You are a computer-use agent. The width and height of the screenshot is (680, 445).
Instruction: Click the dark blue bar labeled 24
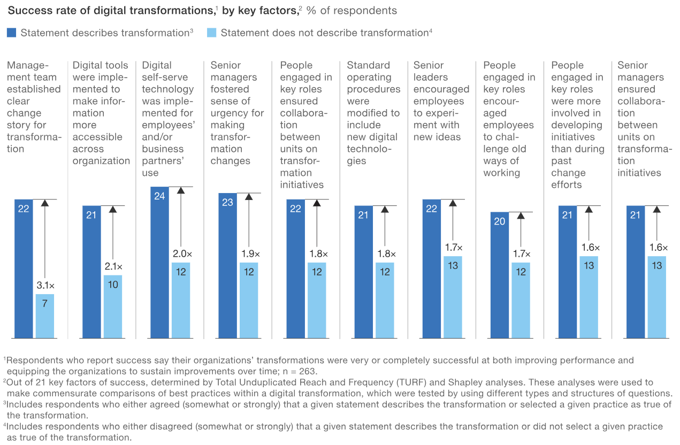pos(159,262)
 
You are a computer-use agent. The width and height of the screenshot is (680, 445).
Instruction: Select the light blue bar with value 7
pos(45,316)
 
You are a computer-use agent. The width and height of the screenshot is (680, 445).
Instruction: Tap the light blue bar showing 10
pos(112,306)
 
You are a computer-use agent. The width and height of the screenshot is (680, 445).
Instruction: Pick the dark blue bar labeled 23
pos(227,265)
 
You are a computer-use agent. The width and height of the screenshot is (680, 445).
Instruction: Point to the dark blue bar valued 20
pos(499,275)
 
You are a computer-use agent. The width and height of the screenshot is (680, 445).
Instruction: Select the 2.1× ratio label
pos(112,266)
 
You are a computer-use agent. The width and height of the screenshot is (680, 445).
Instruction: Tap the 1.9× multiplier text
pos(249,254)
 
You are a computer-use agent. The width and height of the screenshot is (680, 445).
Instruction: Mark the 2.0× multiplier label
pos(181,254)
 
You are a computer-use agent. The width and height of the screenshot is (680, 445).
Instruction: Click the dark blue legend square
pos(11,33)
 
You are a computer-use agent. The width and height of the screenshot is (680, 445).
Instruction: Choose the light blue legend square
pos(211,33)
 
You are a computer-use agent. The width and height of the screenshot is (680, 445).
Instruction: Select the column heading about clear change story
pos(33,107)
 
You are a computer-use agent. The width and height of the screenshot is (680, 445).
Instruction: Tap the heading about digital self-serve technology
pos(167,119)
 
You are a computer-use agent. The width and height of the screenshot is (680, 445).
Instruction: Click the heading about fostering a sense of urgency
pos(237,113)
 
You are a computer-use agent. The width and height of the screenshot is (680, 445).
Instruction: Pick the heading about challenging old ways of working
pos(508,119)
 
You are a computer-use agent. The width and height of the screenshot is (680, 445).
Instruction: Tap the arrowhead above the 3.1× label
pos(45,203)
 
